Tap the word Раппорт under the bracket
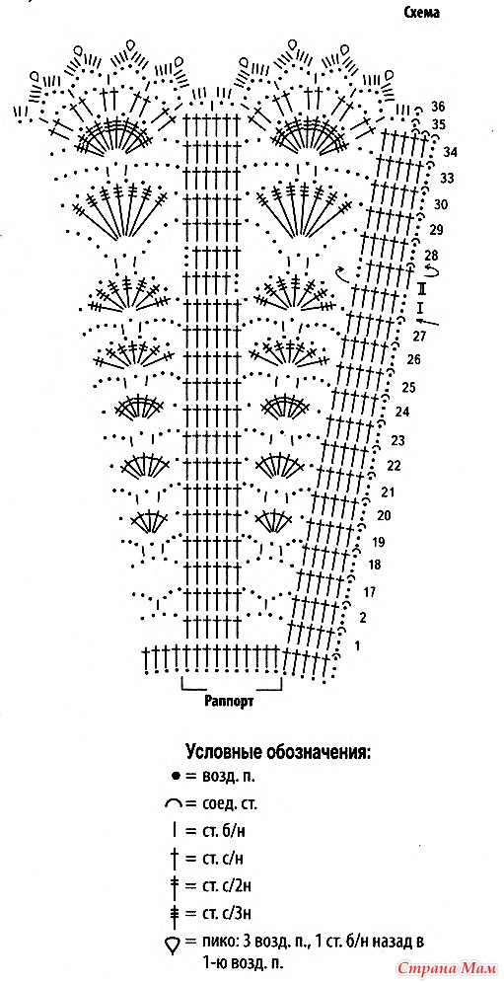click(x=230, y=701)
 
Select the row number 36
click(x=438, y=106)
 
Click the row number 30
click(x=441, y=204)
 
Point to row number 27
click(x=419, y=337)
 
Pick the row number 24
click(x=401, y=413)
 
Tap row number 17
click(x=369, y=591)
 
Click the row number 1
click(x=357, y=645)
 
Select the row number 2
click(x=363, y=618)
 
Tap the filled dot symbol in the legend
click(x=176, y=776)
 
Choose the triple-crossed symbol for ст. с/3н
click(x=175, y=913)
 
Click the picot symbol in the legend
click(x=174, y=943)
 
